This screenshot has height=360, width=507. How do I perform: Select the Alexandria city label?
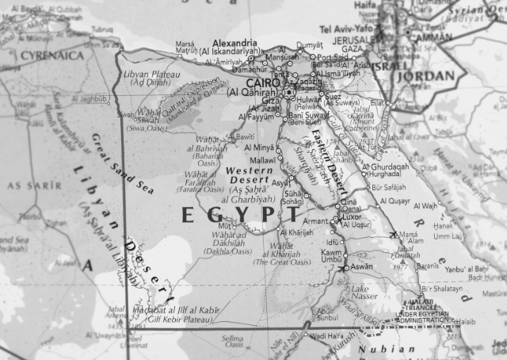point(234,43)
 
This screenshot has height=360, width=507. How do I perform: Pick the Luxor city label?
point(351,216)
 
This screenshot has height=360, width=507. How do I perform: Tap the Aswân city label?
point(360,267)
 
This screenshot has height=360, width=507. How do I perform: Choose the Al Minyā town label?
point(259,147)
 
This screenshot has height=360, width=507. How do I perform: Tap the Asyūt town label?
point(280,182)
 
